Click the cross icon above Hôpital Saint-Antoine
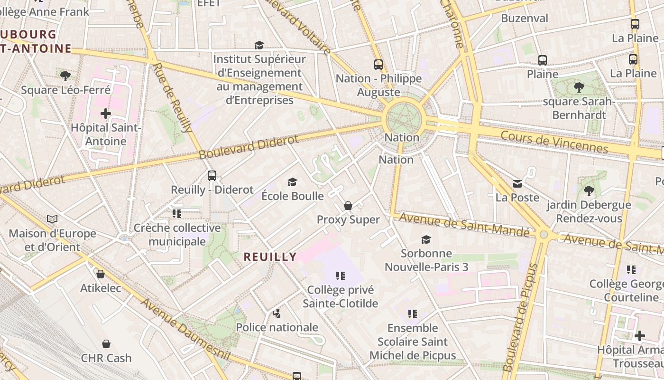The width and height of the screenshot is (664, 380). (x=106, y=114)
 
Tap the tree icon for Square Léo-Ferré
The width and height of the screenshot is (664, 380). (x=65, y=76)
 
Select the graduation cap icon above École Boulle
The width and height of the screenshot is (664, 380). (x=293, y=182)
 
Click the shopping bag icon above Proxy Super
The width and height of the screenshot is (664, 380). (x=348, y=205)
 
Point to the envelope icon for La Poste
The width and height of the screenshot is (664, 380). (x=517, y=183)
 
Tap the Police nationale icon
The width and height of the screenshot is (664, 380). (x=277, y=313)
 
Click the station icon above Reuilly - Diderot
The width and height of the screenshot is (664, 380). (x=212, y=175)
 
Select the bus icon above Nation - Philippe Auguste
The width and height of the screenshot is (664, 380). (x=378, y=64)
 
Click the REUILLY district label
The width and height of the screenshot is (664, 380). (x=270, y=257)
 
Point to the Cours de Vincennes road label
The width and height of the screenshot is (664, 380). (x=554, y=142)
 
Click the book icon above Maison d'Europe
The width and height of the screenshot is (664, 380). (x=52, y=219)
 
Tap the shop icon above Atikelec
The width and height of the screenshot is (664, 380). (x=101, y=274)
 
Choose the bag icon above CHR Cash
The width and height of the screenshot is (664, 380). (x=106, y=343)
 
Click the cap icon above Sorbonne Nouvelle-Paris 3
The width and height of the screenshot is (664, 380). (x=426, y=239)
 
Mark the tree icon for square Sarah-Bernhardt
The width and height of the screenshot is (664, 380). (x=579, y=87)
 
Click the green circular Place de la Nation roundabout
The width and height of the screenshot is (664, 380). (x=404, y=118)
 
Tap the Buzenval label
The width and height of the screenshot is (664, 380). (x=525, y=18)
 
